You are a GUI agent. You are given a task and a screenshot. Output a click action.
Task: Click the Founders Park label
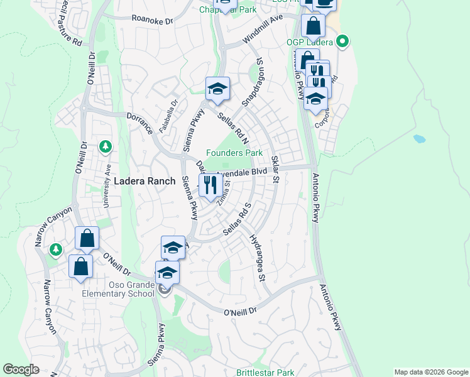pos(234,153)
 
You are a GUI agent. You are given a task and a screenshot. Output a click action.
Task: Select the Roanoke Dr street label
pos(152,20)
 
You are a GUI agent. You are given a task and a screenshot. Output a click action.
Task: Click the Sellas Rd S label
pos(238,219)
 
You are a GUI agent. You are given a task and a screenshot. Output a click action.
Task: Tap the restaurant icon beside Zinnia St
pos(209,185)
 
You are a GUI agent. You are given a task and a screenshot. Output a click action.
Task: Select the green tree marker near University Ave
pos(106,146)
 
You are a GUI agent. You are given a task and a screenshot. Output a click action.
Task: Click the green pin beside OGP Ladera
pos(342,43)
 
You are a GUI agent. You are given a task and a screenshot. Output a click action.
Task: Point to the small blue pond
pos(419,138)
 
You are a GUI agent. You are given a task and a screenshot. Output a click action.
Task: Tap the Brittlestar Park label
pos(265,373)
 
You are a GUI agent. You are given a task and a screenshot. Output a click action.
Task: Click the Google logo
pos(21,369)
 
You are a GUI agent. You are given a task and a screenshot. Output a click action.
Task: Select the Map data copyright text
pos(431,372)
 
